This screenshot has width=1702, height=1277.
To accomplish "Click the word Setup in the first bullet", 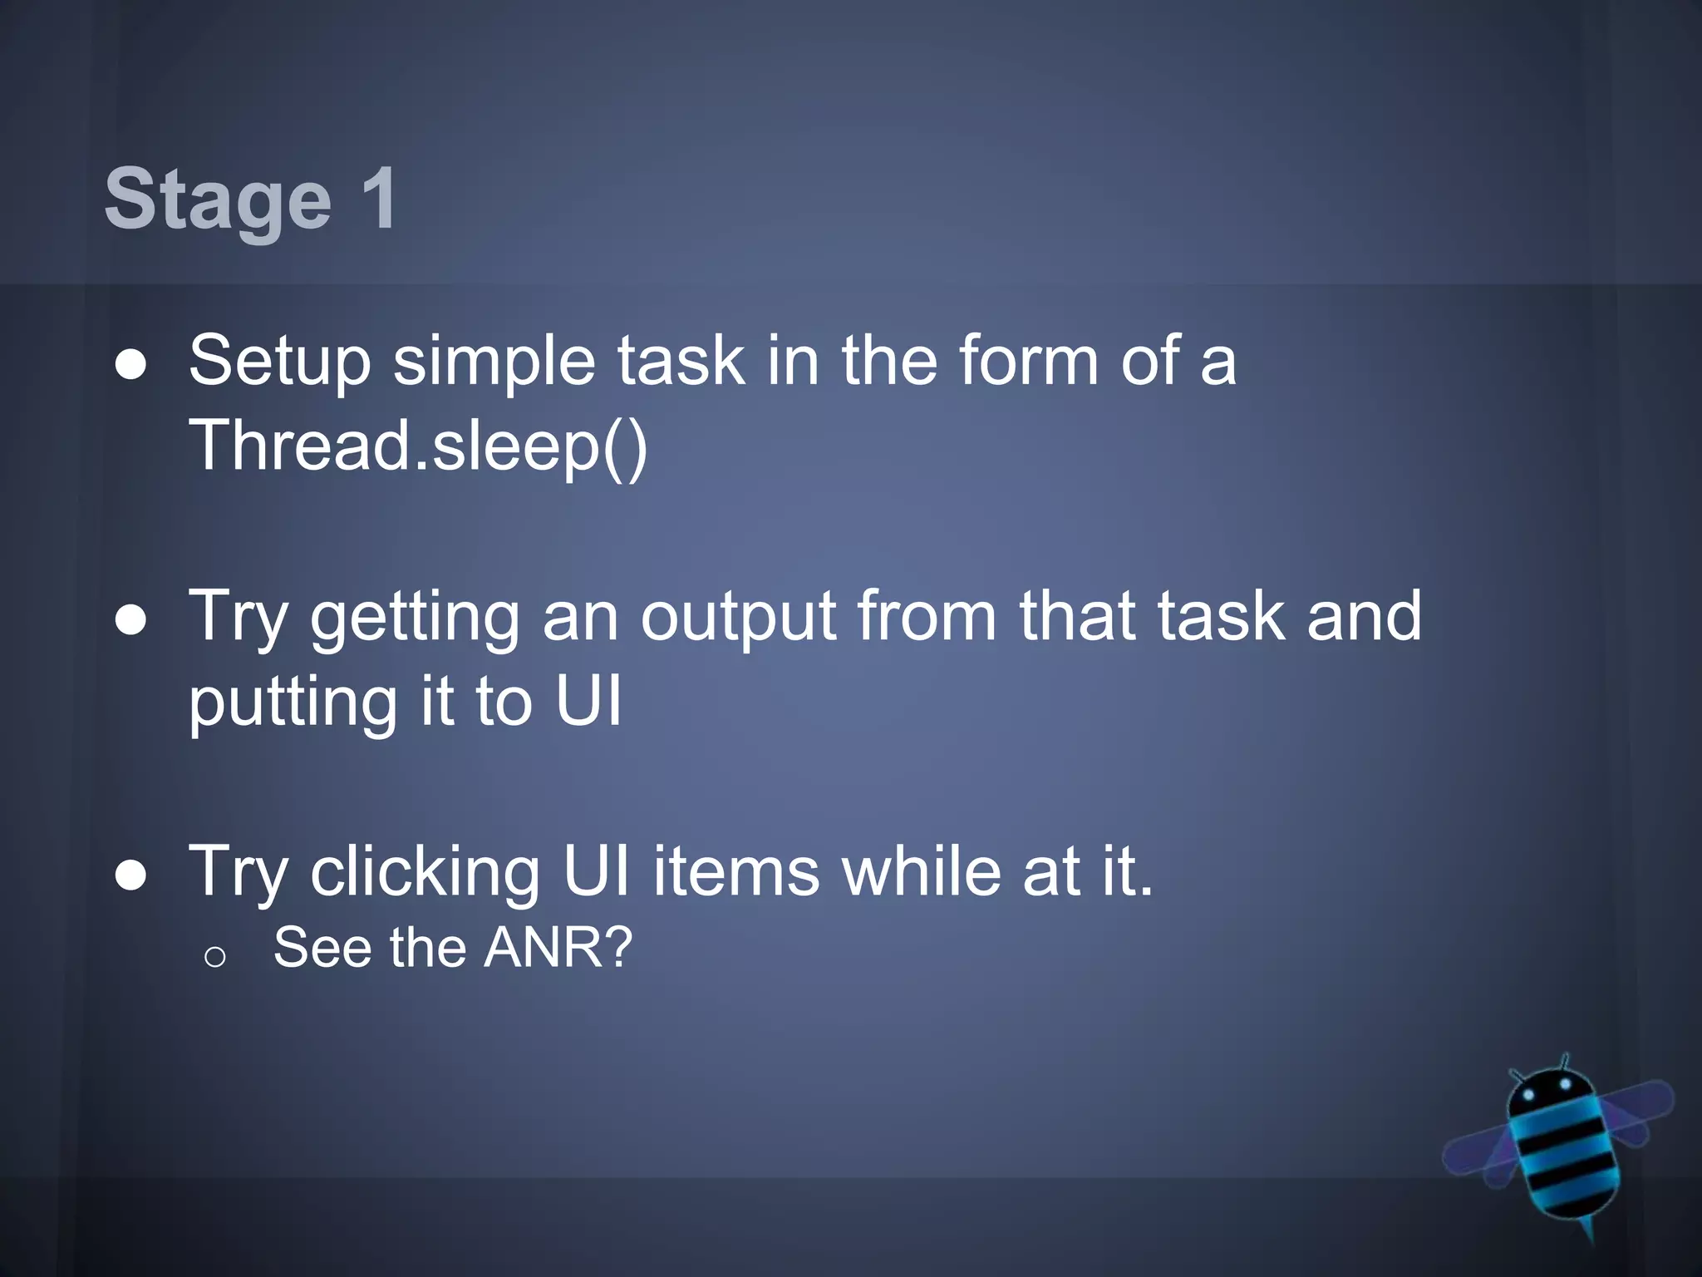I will [x=279, y=362].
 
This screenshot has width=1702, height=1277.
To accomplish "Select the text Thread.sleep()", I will [x=418, y=446].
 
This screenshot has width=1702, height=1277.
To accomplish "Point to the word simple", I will [x=494, y=362].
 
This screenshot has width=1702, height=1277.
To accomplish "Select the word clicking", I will [x=425, y=872].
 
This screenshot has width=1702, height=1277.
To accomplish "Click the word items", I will [x=735, y=872].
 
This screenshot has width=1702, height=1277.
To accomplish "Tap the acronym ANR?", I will [x=558, y=948].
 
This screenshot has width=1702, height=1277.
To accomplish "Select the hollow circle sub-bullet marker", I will [x=214, y=958].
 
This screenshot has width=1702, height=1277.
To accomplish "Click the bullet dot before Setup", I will [x=131, y=365].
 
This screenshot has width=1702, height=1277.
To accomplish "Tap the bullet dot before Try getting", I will [x=131, y=621].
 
